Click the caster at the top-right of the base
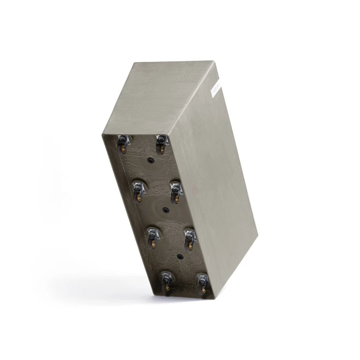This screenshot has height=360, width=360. pos(161,142)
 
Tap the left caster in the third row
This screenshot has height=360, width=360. pos(152,235)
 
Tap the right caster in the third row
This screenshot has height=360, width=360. pos(189,236)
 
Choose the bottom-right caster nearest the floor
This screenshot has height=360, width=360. pos(203,282)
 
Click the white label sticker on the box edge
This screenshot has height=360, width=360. pos(216,85)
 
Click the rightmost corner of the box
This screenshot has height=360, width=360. pos(257,236)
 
